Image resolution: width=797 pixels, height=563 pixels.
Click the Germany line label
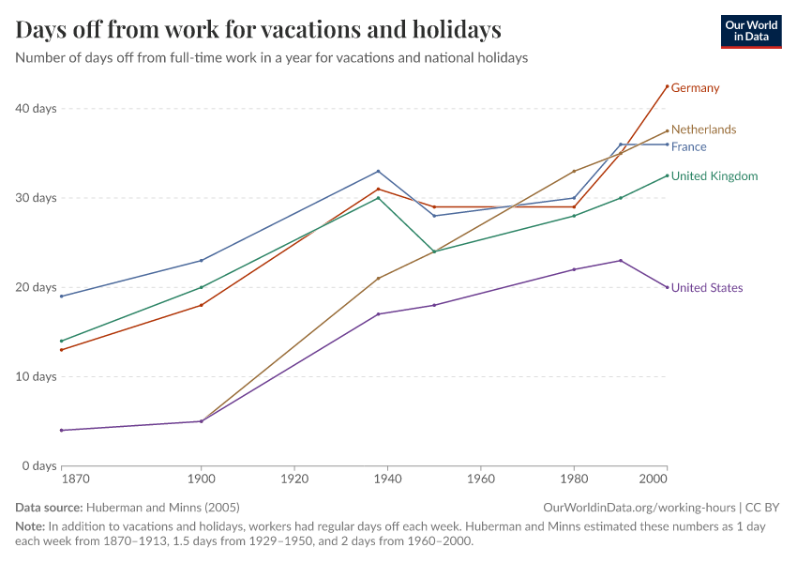(695, 88)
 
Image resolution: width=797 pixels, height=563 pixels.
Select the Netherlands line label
(703, 129)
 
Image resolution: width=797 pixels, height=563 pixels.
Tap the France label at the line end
(688, 146)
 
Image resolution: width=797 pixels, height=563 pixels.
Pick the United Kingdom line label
(714, 176)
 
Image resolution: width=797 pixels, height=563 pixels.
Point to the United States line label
(708, 288)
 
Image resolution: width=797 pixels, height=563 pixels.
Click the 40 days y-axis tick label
(37, 109)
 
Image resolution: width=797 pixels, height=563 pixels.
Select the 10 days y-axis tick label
(37, 377)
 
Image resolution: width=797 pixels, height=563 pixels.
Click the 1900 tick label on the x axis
(201, 479)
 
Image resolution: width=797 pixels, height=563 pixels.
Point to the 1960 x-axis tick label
(480, 479)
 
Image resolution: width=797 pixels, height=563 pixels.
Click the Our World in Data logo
(750, 31)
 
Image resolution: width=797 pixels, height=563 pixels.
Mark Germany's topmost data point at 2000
(667, 86)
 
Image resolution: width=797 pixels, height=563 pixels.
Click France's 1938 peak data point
(378, 171)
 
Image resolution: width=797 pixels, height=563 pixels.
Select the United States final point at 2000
(667, 287)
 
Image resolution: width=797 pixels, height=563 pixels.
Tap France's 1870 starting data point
(62, 297)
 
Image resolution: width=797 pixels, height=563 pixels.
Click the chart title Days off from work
(258, 30)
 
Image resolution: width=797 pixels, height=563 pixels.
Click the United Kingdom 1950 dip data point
(434, 251)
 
